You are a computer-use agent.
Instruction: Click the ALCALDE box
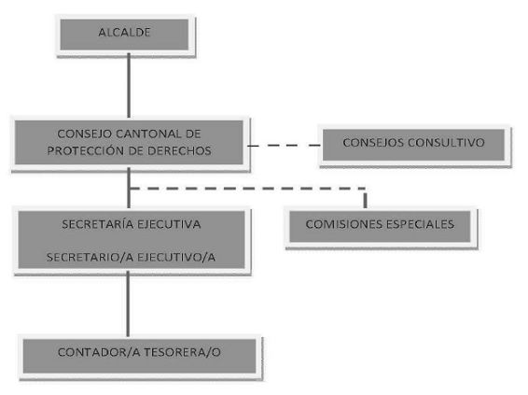[124, 35]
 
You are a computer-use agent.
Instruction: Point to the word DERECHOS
[179, 150]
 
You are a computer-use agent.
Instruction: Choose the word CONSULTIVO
[446, 142]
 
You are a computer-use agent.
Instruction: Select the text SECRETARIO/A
[90, 257]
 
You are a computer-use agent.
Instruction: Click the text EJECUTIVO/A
[176, 257]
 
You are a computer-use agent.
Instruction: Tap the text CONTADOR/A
[99, 352]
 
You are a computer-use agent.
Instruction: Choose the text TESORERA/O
[183, 352]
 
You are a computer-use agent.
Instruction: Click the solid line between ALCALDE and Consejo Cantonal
[129, 85]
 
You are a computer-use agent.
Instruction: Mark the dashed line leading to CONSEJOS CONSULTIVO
[285, 146]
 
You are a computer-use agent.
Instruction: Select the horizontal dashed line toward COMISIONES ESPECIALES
[248, 189]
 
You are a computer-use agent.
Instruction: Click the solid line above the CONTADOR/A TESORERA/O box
[128, 303]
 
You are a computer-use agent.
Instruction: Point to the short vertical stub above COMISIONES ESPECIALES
[366, 200]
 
